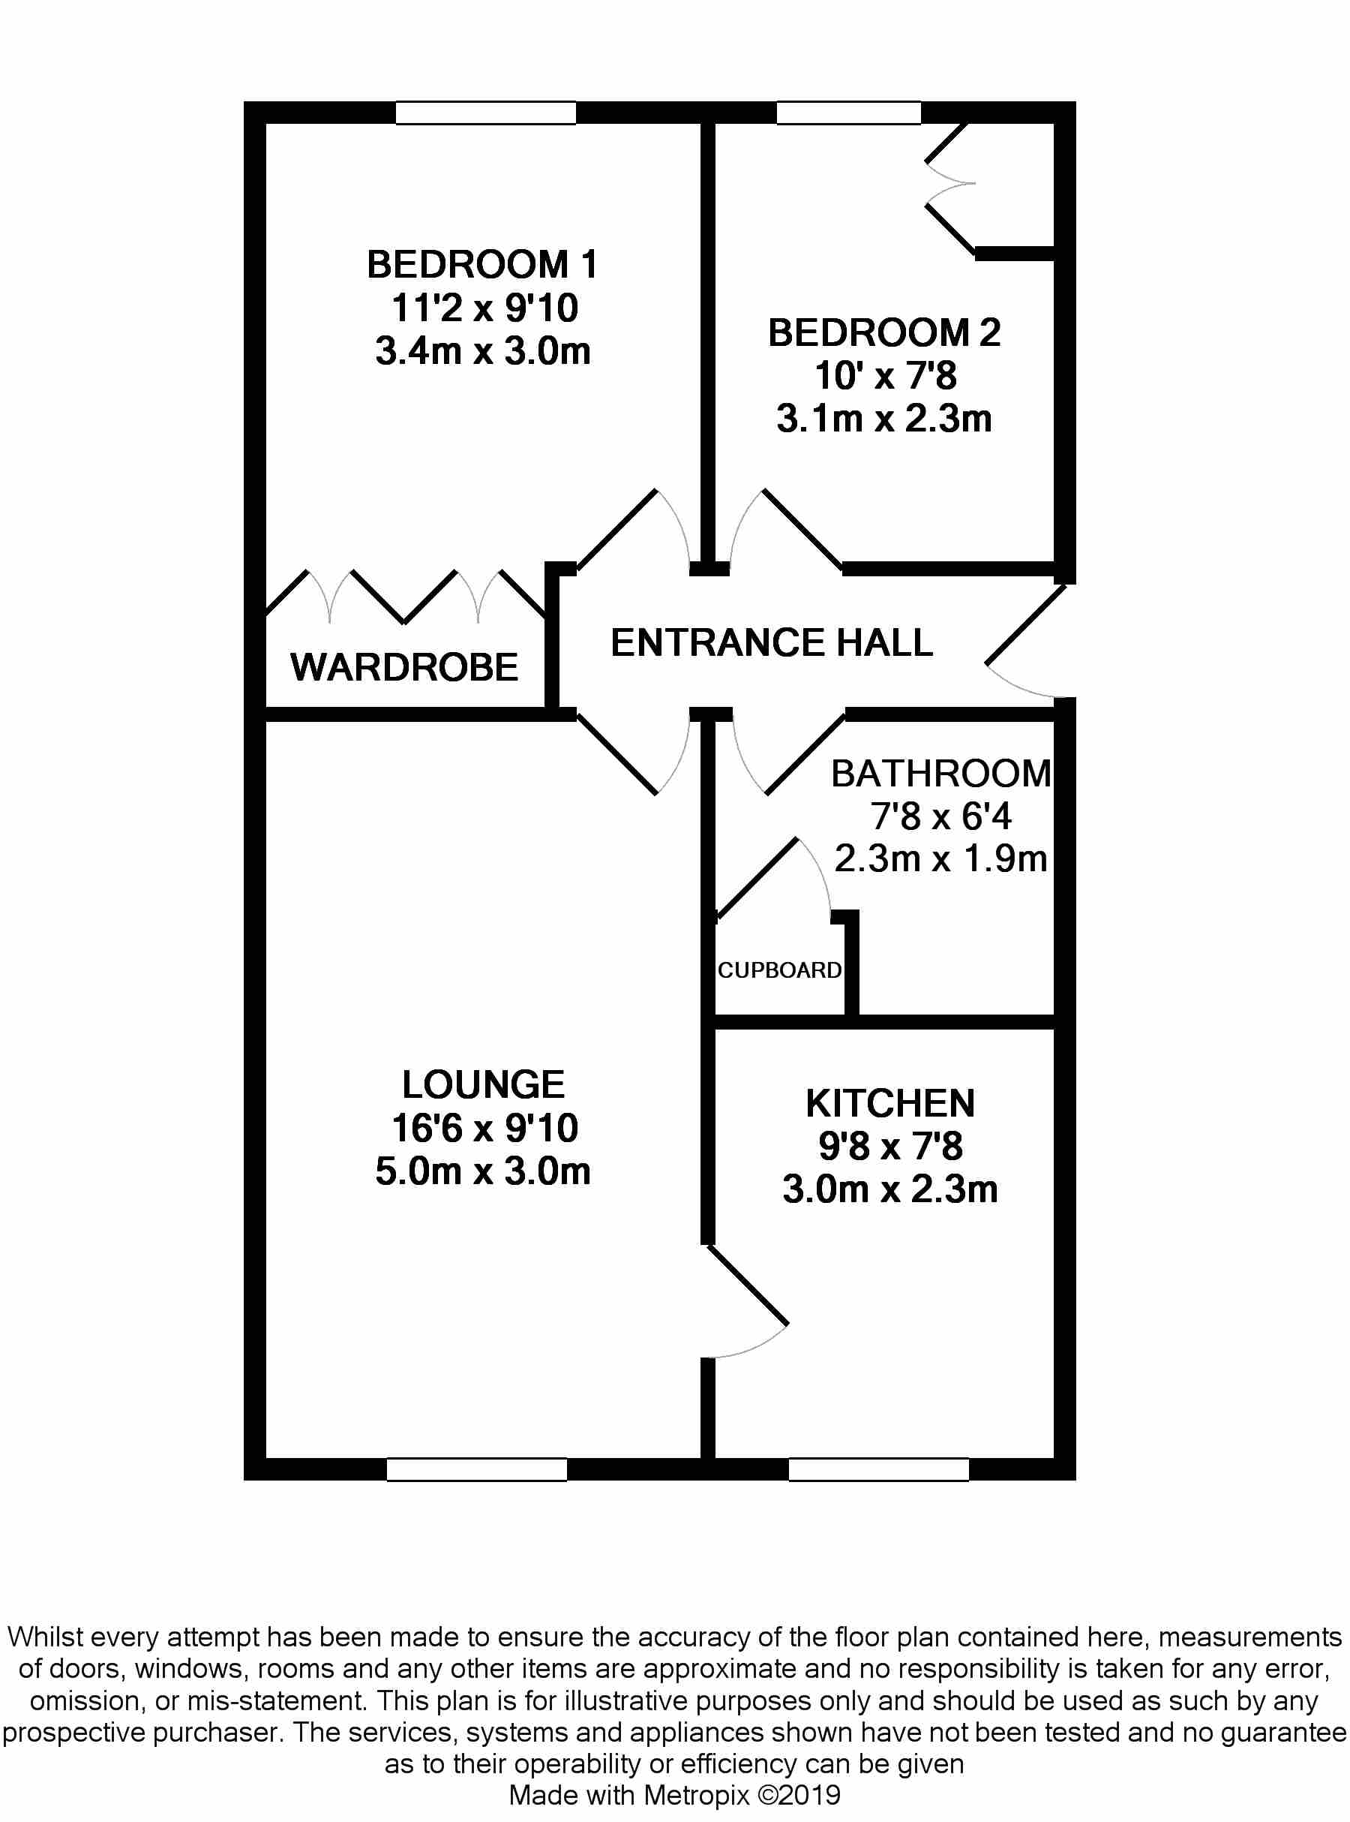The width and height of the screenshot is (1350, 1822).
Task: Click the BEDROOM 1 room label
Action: coord(482,265)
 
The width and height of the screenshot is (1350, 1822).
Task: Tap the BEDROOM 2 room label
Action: coord(884,332)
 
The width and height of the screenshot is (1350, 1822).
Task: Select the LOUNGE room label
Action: coord(483,1084)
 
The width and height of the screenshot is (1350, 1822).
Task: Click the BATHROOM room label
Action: coord(940,773)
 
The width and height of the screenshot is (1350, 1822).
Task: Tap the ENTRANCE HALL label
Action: coord(772,642)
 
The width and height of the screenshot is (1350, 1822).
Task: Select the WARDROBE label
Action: coord(403,667)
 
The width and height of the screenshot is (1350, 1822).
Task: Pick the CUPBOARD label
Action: coord(779,970)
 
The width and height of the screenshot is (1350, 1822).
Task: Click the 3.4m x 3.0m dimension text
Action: coord(482,351)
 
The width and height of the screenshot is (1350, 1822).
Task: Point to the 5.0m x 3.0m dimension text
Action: coord(482,1171)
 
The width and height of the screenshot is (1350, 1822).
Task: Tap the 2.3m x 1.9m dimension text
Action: coord(940,859)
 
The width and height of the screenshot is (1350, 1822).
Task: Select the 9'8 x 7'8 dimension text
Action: coord(890,1146)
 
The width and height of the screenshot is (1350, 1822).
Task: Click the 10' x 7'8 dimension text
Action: coord(885,376)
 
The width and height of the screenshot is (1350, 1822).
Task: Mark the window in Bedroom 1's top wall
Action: coord(485,113)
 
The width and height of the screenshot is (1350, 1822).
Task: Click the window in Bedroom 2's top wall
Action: coord(848,113)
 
